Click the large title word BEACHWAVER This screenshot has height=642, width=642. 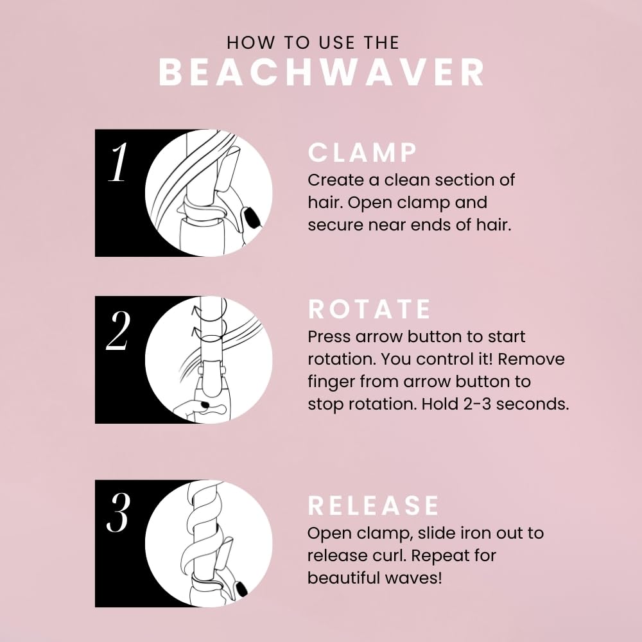coord(321,73)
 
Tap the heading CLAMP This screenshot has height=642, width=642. coord(363,153)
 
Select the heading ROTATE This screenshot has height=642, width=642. coord(370,309)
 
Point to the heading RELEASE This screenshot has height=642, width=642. coord(374,506)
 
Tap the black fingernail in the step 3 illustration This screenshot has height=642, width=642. coord(243,589)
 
